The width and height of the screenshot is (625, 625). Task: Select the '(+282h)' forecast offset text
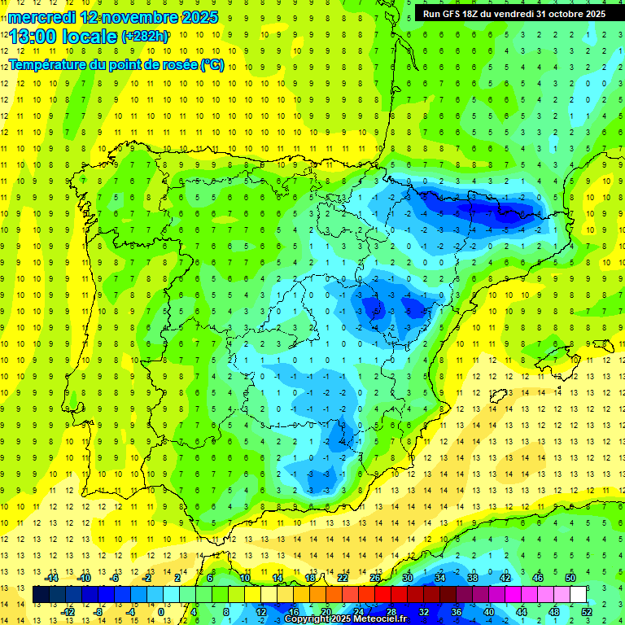click(x=145, y=36)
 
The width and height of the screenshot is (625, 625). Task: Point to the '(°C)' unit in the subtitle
click(x=212, y=64)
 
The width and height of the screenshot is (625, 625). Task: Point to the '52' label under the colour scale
click(x=587, y=612)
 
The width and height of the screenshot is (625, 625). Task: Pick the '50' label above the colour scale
click(x=570, y=578)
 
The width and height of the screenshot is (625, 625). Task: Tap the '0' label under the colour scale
click(x=161, y=612)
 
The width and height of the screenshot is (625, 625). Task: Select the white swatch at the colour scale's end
click(x=579, y=595)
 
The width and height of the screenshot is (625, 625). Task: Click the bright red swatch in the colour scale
click(x=382, y=595)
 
